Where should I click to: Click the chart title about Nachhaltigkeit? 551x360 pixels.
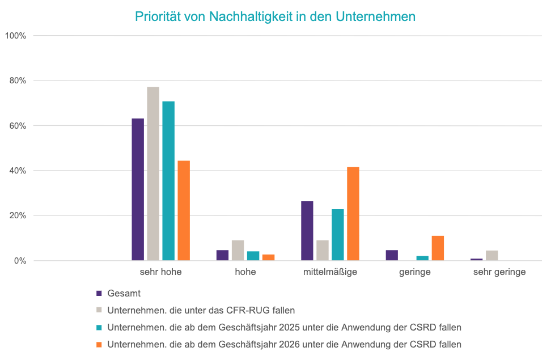tap(275, 16)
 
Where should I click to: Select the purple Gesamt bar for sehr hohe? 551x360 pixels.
tap(138, 189)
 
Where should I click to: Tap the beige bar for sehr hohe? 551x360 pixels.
tap(153, 173)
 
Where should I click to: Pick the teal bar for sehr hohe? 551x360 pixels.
tap(168, 181)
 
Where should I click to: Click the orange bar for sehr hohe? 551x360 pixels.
tap(184, 210)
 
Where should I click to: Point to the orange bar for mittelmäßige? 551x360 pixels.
tap(353, 214)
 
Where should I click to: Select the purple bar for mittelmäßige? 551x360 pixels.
tap(307, 231)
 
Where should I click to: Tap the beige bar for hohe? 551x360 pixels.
tap(238, 250)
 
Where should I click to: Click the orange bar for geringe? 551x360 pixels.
tap(438, 248)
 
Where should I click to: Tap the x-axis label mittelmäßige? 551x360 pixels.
tap(330, 272)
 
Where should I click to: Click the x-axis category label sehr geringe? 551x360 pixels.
tap(499, 272)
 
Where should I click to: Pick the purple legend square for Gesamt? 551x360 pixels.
tap(99, 294)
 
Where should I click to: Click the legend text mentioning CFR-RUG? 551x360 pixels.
tap(201, 310)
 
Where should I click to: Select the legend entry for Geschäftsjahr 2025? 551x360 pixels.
tap(284, 327)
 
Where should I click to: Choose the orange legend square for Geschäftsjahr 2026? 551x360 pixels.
tap(99, 344)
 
